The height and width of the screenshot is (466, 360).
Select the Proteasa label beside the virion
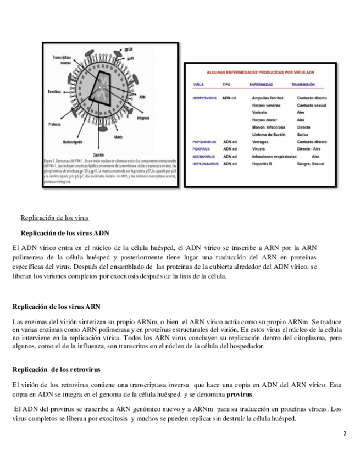tap(54, 123)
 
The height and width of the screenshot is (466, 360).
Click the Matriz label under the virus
tap(118, 136)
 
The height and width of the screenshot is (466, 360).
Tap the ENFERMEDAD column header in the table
tap(261, 85)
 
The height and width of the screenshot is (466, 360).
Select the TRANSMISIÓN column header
tap(303, 85)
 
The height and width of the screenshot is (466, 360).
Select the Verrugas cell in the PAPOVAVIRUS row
tap(260, 142)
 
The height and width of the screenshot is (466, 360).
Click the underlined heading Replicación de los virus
tap(54, 218)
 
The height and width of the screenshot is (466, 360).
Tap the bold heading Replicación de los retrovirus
tap(56, 369)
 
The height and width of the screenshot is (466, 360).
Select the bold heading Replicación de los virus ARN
tap(56, 306)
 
